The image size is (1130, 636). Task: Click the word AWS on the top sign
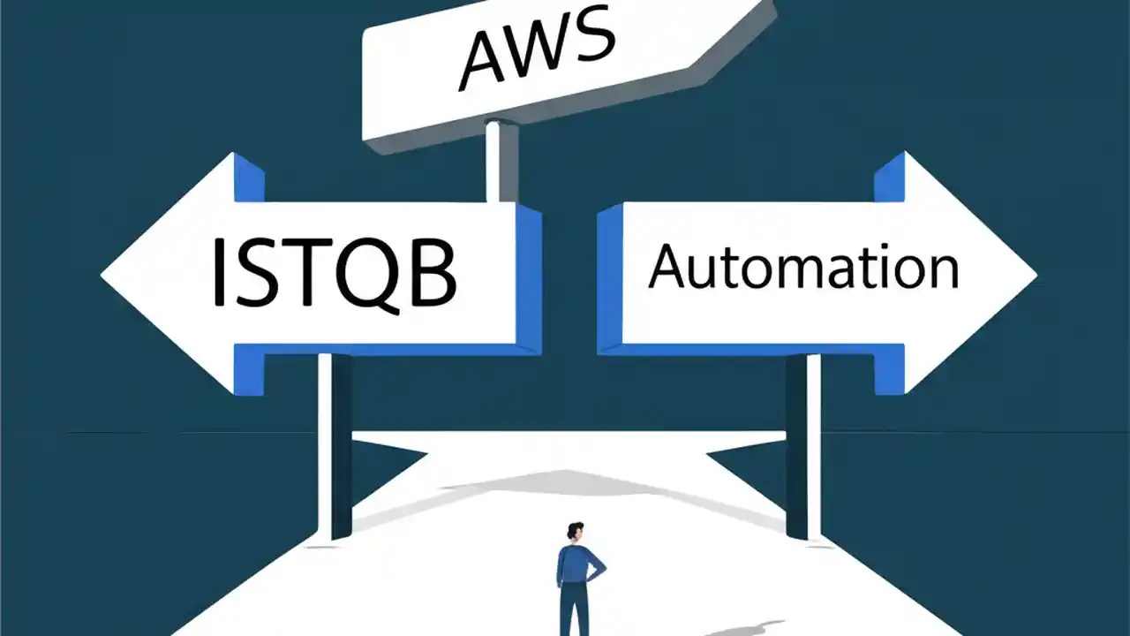[x=537, y=49]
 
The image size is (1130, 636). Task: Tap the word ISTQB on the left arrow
[x=335, y=270]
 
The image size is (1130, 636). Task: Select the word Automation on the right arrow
[x=802, y=267]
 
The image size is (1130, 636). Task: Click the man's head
[x=575, y=532]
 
